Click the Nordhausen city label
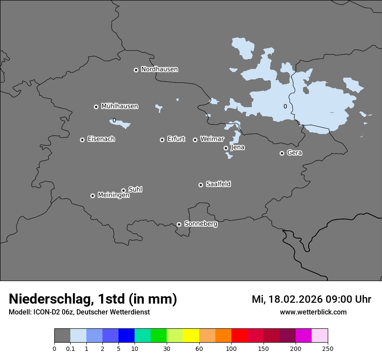point(159,69)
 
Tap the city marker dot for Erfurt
point(162,140)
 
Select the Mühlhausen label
point(119,106)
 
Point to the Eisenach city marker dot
point(82,140)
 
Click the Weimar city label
point(212,139)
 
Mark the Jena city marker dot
point(226,148)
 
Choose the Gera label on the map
point(294,153)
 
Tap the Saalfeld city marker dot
point(201,185)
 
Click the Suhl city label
point(135,190)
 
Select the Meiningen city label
point(113,196)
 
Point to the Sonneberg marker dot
point(179,224)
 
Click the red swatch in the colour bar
point(239,336)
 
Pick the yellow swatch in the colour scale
point(191,336)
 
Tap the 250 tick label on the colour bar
point(328,348)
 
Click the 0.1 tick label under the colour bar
point(70,348)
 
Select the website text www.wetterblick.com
point(313,312)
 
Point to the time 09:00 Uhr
point(343,299)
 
